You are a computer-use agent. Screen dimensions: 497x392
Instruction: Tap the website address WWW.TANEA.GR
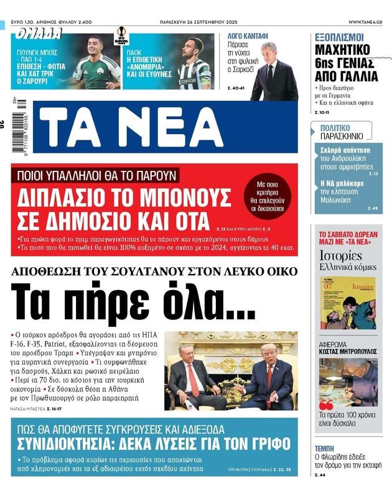pyautogui.click(x=365, y=22)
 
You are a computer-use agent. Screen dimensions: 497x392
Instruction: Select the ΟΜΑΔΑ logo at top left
pyautogui.click(x=40, y=33)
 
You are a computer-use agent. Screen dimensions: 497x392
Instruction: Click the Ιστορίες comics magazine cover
pyautogui.click(x=347, y=303)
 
